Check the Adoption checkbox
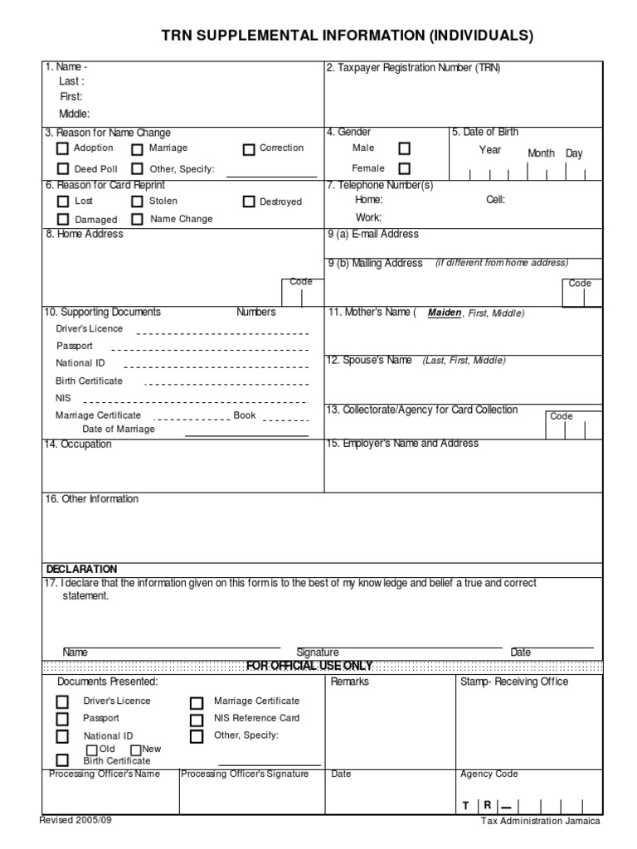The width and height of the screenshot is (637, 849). [x=62, y=149]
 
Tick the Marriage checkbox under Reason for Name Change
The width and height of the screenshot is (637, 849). [x=137, y=149]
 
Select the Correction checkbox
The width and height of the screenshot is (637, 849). [x=249, y=149]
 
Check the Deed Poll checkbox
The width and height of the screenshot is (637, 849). [x=62, y=170]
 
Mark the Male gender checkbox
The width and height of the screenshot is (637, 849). [x=404, y=148]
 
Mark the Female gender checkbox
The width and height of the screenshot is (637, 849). [x=404, y=168]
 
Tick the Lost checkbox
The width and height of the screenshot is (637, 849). [x=62, y=201]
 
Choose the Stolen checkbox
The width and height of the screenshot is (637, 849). [x=137, y=201]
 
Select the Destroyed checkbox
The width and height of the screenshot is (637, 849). [x=249, y=201]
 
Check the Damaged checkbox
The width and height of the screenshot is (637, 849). [x=62, y=220]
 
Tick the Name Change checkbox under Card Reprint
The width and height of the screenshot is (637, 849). [x=137, y=220]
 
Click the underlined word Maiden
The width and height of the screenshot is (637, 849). [x=444, y=313]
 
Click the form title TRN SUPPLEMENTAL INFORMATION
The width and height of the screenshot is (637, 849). [x=347, y=36]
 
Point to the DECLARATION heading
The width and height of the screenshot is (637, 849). [x=81, y=569]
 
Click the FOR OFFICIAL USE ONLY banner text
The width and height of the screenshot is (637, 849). [x=309, y=666]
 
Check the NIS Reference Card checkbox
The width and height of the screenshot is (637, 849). [x=196, y=719]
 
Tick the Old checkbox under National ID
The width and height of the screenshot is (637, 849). [x=92, y=750]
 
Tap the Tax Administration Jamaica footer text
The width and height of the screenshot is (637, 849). [x=541, y=821]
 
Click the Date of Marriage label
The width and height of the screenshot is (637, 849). [x=118, y=429]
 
